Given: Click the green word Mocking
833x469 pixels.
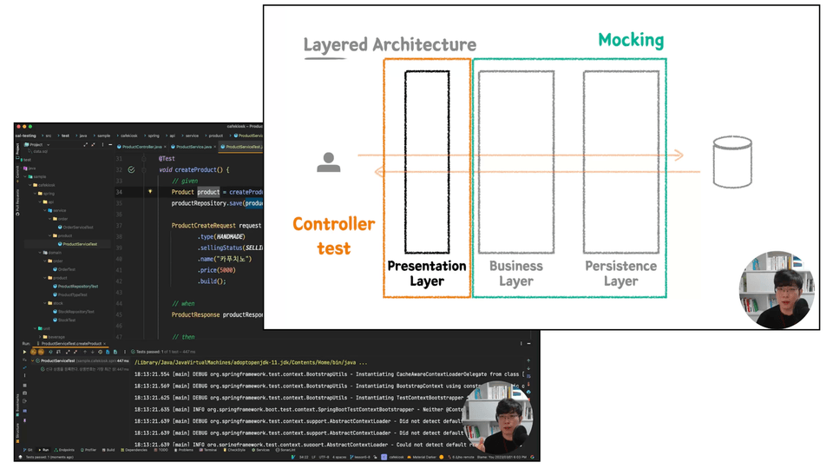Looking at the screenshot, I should click(x=631, y=40).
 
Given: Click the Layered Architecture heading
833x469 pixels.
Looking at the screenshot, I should click(x=390, y=45).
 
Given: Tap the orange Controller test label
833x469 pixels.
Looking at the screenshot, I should click(x=333, y=235).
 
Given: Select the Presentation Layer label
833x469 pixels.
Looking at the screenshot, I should click(x=427, y=273).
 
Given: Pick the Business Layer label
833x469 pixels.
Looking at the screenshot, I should click(x=515, y=273).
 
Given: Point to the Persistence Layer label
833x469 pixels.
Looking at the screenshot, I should click(x=621, y=273).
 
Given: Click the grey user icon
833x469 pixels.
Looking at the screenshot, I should click(x=329, y=162).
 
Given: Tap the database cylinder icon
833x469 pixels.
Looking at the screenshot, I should click(x=731, y=162).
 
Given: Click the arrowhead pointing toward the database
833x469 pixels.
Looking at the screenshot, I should click(x=679, y=155).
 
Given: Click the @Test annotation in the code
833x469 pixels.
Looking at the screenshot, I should click(x=167, y=159).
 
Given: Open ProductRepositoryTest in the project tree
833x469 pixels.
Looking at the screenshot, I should click(x=77, y=286).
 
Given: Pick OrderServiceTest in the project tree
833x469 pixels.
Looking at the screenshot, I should click(x=78, y=228).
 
